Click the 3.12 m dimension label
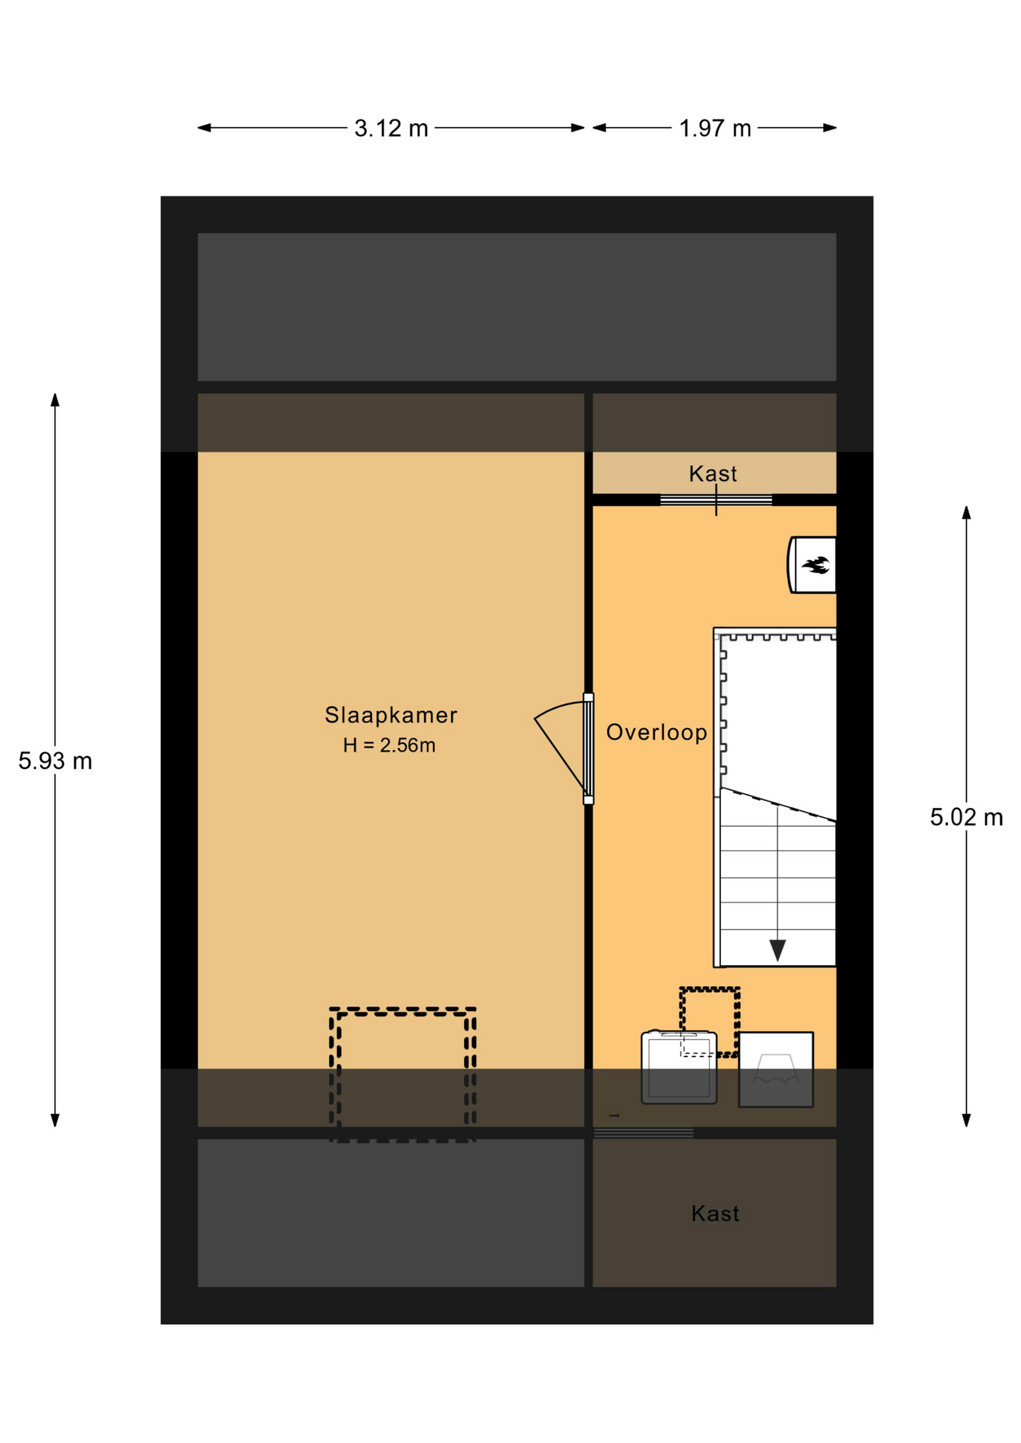coord(391,129)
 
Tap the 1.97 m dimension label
coord(715,129)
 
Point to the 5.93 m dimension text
coord(55,761)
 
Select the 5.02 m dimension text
coord(966,818)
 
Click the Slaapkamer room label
coord(391,715)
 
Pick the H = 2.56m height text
coord(389,746)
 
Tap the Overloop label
coord(656,733)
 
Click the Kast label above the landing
coord(713,474)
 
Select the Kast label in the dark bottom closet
coord(715,1214)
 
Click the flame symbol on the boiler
coord(815,564)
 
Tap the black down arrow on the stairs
coord(777,950)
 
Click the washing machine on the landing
coord(679,1067)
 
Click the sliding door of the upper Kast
coord(716,500)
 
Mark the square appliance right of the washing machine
coord(776,1069)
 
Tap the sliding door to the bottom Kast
coord(644,1133)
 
